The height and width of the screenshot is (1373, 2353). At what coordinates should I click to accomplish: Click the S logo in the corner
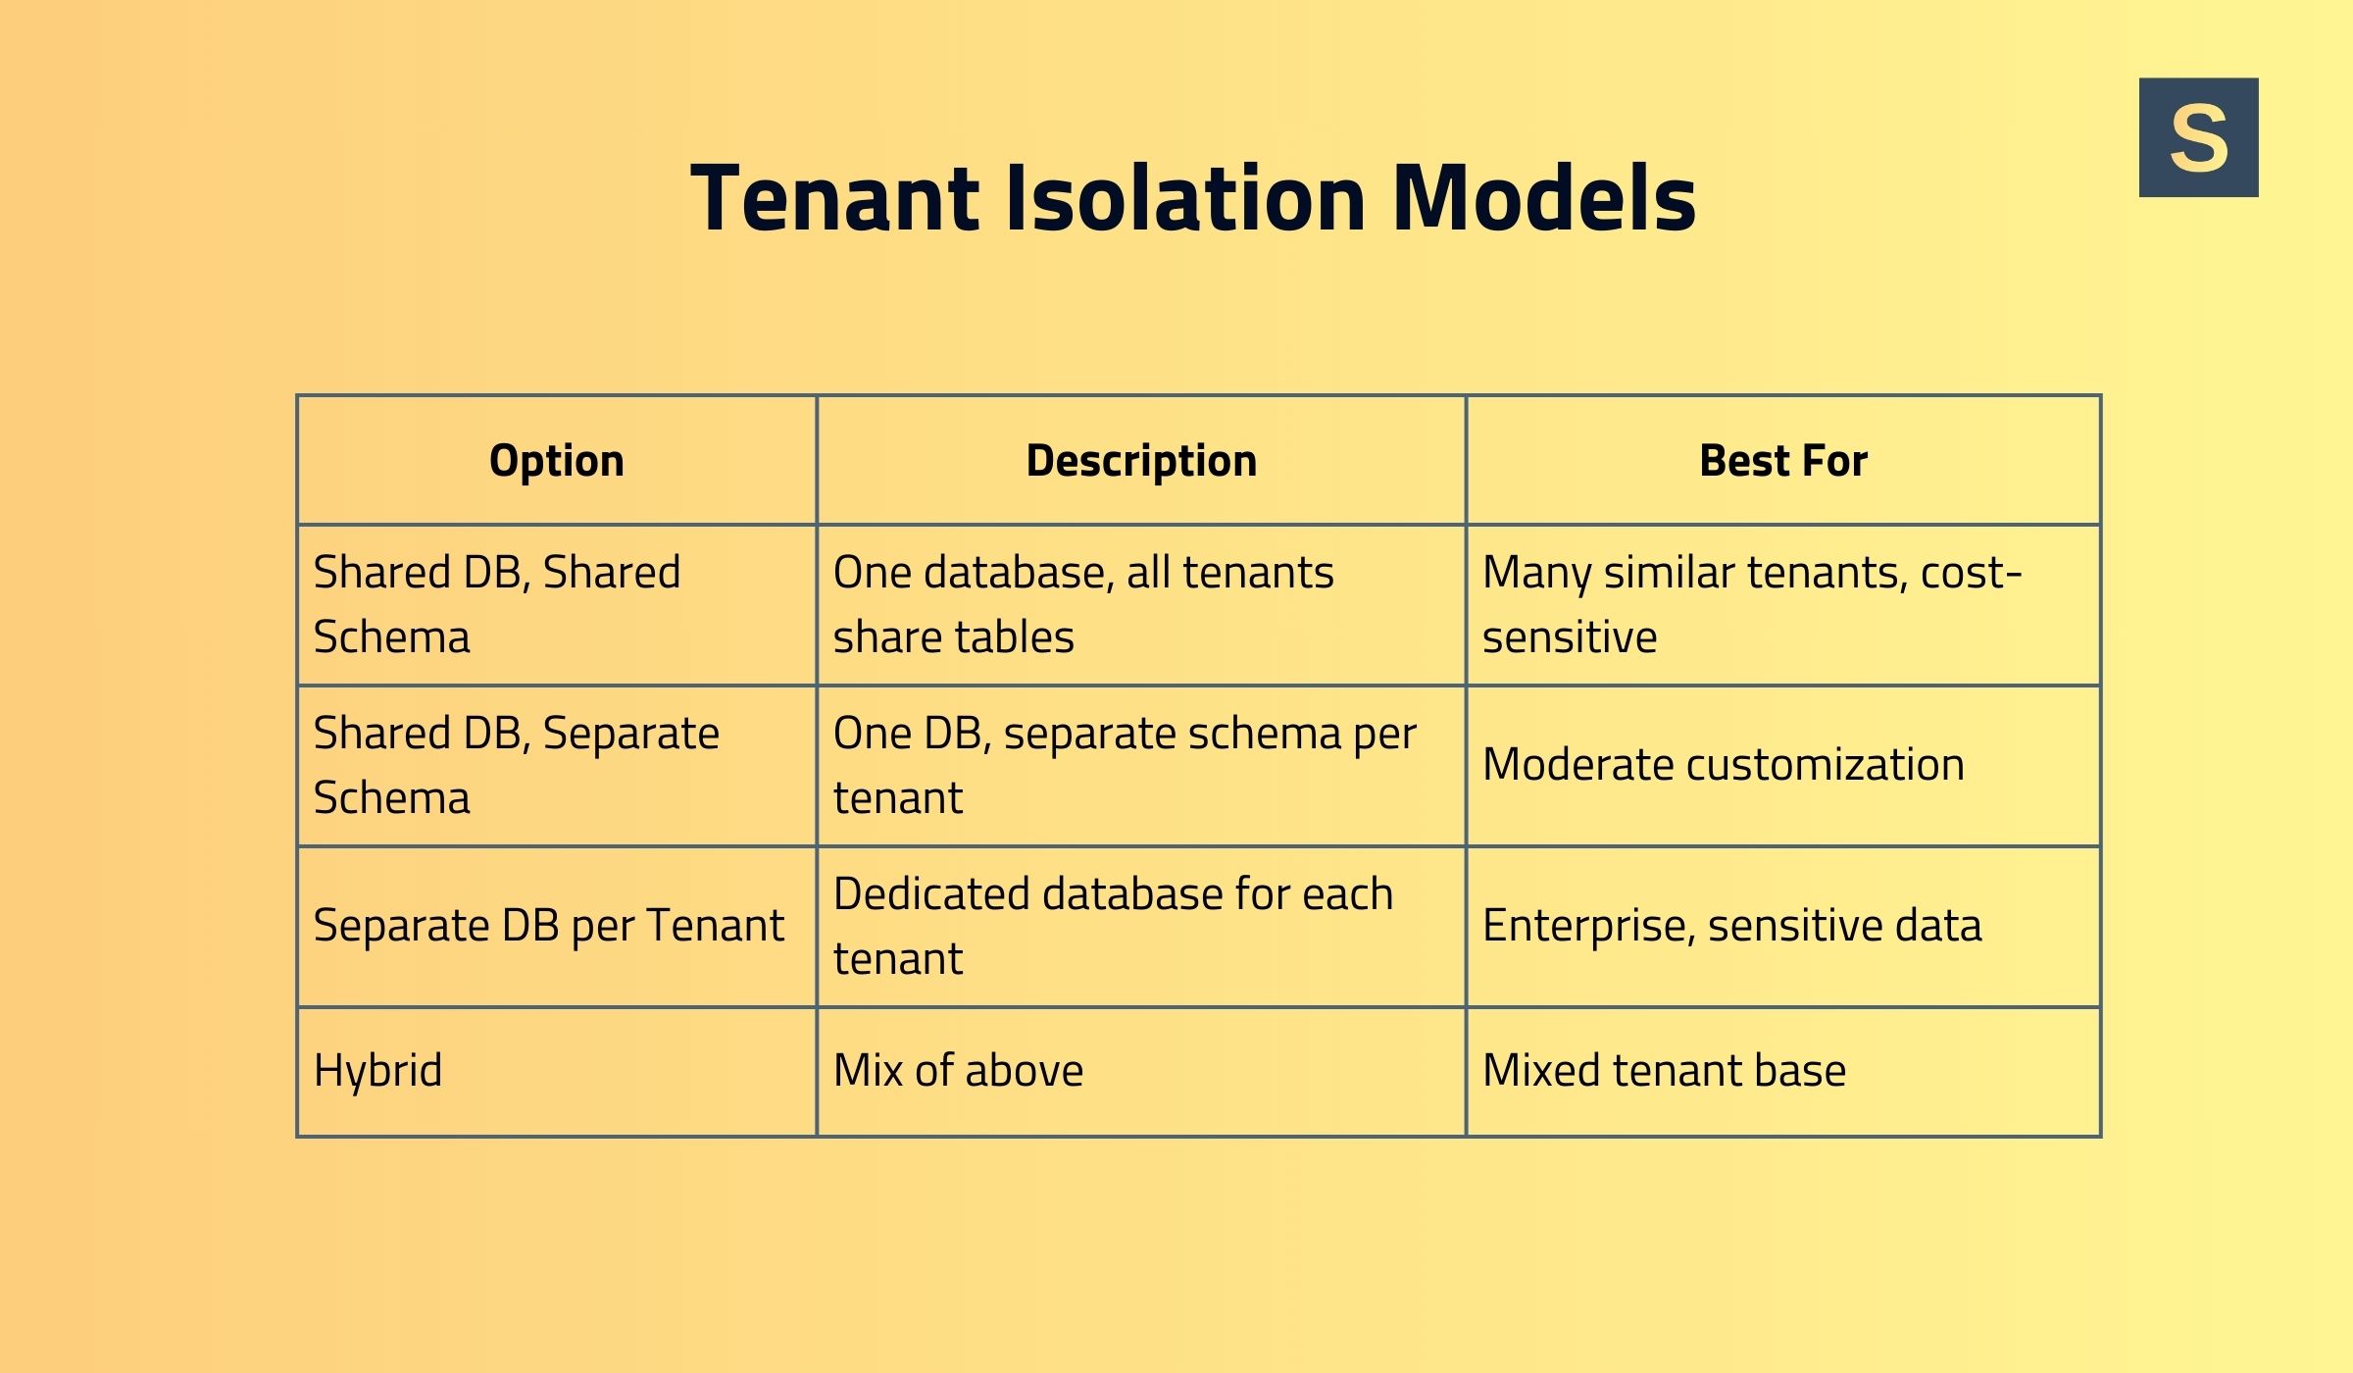pos(2198,137)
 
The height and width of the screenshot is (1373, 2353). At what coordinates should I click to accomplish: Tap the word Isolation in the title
pos(1186,199)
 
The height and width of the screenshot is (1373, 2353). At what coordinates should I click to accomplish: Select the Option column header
pos(556,460)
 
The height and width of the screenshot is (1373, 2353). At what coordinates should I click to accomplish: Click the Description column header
pos(1141,460)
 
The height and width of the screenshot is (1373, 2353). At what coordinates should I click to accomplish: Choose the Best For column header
pos(1782,460)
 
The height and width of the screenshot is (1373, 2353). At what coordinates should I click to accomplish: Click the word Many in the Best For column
pos(1536,573)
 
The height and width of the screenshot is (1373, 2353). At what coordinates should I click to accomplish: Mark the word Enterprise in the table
pos(1589,926)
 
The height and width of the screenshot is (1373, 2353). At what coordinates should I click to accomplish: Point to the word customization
pos(1825,765)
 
